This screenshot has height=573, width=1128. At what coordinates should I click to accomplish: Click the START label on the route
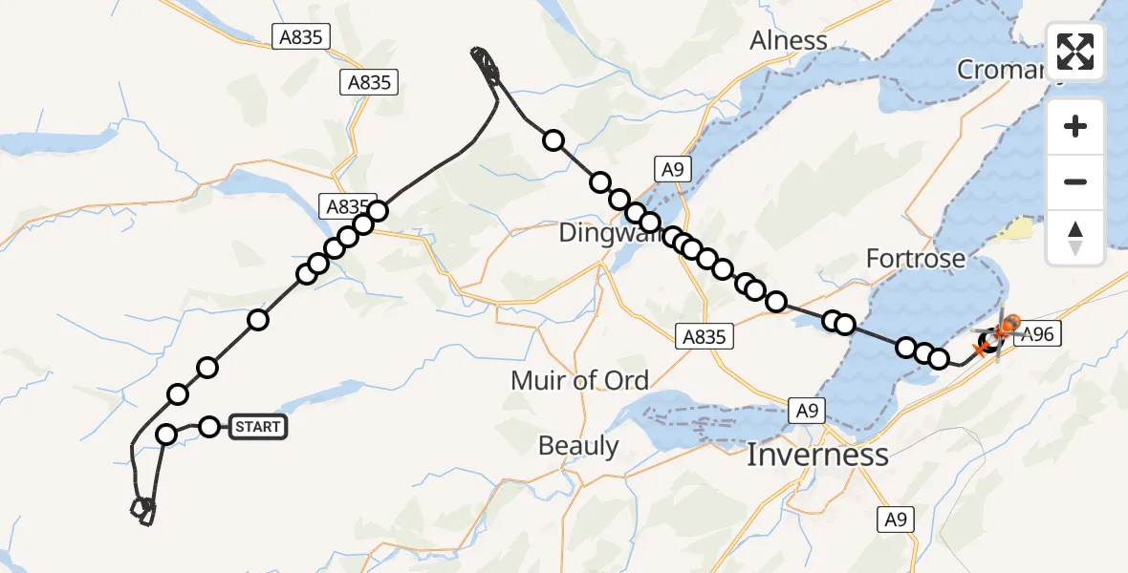point(258,427)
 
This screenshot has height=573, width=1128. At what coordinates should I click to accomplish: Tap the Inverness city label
point(817,455)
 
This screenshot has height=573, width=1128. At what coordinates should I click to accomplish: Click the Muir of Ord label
point(579,380)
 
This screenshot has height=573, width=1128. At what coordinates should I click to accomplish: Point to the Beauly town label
point(578,445)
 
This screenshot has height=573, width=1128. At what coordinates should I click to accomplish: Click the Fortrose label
point(915,258)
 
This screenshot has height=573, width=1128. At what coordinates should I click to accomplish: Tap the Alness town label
point(789,40)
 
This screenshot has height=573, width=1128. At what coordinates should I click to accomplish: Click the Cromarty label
point(1004,70)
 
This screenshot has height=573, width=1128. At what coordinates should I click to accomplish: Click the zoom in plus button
point(1075,126)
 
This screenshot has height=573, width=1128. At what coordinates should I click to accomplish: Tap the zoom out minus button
point(1075,181)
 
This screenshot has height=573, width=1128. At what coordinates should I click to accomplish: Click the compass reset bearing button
point(1075,237)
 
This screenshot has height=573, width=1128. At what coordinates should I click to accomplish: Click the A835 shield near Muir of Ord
point(705,336)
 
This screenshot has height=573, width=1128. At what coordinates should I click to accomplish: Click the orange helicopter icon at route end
point(1007,327)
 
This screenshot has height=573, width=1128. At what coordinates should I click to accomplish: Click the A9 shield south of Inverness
point(896,520)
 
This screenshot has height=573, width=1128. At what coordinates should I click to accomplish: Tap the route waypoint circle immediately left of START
point(209,426)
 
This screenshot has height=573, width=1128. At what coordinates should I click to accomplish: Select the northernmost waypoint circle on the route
point(553,141)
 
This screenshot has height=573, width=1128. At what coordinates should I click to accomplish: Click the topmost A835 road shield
point(302,37)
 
